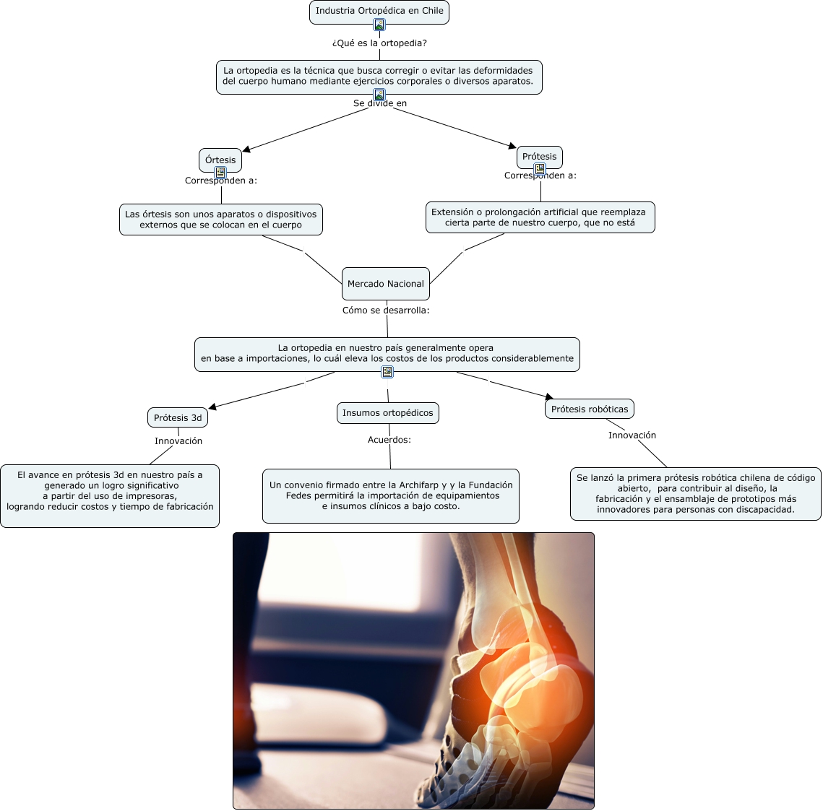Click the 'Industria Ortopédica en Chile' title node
379,11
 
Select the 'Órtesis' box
220,160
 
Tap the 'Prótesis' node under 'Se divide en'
539,156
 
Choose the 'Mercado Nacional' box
385,284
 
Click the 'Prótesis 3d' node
178,417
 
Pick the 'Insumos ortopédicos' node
387,413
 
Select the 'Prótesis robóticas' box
590,409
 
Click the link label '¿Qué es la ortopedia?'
379,43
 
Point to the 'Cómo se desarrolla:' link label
386,311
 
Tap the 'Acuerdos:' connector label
389,440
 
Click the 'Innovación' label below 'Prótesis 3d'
178,441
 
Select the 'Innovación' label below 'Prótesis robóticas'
632,435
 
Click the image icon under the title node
379,25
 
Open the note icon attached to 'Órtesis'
220,173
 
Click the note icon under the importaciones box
387,372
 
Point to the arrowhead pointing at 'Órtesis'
246,149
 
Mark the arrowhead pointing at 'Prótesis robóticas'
549,396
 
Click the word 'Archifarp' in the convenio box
418,485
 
